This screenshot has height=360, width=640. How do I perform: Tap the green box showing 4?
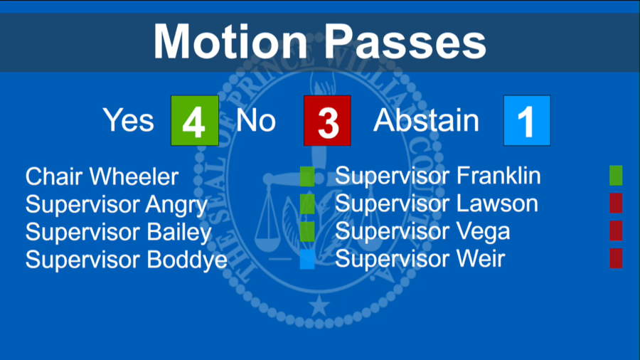click(x=194, y=121)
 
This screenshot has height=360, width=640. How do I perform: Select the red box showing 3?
click(x=327, y=121)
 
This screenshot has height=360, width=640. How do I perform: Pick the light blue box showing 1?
click(x=526, y=121)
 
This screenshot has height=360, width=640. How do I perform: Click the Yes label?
click(x=129, y=120)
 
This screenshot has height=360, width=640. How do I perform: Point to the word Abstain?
click(x=427, y=120)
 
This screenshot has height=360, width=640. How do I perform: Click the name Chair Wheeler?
click(x=102, y=176)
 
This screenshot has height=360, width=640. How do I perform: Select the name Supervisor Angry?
click(x=117, y=205)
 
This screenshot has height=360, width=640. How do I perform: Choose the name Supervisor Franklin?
click(x=438, y=176)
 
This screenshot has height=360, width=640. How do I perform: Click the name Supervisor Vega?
click(x=422, y=231)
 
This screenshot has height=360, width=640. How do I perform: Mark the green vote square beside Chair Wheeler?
click(x=307, y=176)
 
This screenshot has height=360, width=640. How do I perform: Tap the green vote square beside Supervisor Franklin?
click(x=616, y=176)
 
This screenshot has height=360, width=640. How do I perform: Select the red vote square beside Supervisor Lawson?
click(x=616, y=203)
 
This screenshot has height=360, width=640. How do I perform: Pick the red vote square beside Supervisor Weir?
click(x=616, y=259)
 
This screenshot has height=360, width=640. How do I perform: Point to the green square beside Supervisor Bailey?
click(x=307, y=232)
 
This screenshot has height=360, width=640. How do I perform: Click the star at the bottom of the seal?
click(x=320, y=307)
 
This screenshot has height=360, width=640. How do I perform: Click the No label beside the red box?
click(x=256, y=120)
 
